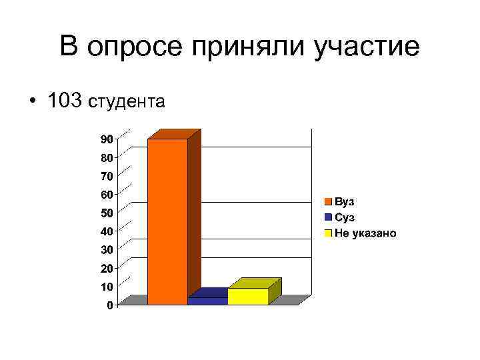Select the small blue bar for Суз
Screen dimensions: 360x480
tap(207, 301)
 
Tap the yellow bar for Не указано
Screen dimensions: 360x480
tap(247, 296)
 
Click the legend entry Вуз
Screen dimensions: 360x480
tap(345, 201)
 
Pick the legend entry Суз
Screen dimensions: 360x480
tap(345, 217)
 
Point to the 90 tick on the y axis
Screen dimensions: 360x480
tap(107, 139)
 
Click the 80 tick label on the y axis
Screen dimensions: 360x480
tap(107, 158)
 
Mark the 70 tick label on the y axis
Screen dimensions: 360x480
tap(107, 176)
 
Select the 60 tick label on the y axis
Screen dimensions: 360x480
tap(107, 195)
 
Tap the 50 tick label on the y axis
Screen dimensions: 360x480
tap(107, 213)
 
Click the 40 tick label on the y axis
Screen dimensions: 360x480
tap(107, 231)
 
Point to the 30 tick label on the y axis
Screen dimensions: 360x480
tap(107, 249)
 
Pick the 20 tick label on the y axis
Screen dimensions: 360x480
tap(107, 268)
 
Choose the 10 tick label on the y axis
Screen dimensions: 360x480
tap(107, 286)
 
